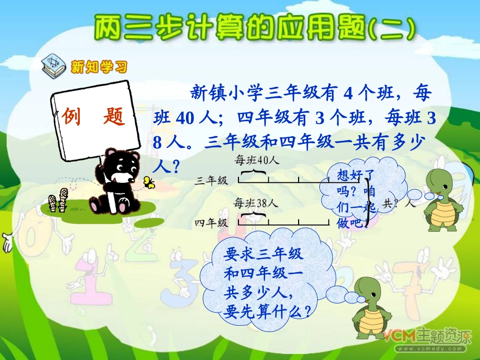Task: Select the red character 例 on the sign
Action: tap(72, 117)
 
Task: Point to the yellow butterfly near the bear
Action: tap(149, 182)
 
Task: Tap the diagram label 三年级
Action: tap(212, 180)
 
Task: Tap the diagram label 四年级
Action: tap(212, 222)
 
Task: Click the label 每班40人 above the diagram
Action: tap(257, 161)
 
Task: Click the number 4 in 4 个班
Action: tap(348, 93)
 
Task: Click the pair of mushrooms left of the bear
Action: tap(57, 199)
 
